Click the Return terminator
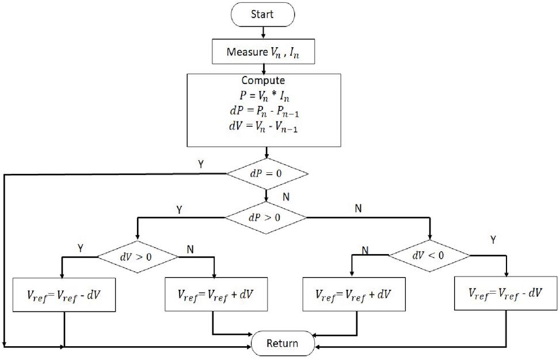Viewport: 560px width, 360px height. [283, 344]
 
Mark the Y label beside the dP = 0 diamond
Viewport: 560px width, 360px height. [200, 164]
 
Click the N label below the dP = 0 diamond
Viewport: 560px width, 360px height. [285, 196]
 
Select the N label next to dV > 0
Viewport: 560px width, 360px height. [191, 248]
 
